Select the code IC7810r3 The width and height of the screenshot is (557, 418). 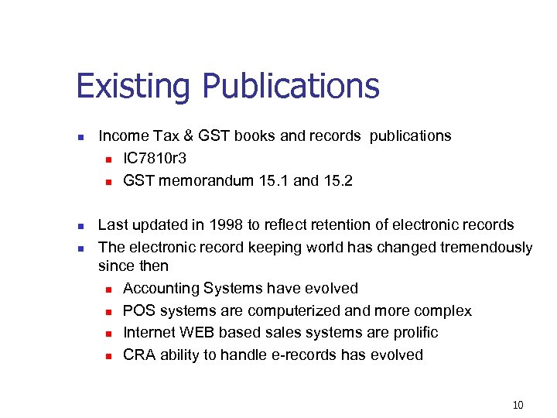[155, 158]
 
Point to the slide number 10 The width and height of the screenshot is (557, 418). [518, 405]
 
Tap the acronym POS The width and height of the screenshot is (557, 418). [138, 310]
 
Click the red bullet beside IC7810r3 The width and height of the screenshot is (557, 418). [109, 159]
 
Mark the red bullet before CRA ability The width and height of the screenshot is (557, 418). [109, 356]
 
